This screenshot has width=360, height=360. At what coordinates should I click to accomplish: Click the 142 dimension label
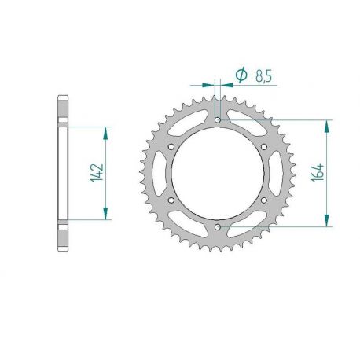tap(97, 173)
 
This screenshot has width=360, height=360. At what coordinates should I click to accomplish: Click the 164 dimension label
tap(318, 173)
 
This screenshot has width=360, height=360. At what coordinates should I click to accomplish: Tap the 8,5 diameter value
tap(263, 76)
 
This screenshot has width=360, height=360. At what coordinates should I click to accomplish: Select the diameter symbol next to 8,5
tap(241, 75)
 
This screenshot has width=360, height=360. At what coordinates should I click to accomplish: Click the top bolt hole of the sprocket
tap(218, 120)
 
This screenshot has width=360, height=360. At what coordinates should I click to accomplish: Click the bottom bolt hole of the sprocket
tap(218, 226)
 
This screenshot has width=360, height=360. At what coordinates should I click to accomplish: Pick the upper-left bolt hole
tap(171, 147)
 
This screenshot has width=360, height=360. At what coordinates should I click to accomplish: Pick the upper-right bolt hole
tap(264, 147)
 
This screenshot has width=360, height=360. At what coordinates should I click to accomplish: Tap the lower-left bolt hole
tap(171, 200)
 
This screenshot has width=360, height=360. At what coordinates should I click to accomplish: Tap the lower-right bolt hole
tap(264, 200)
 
